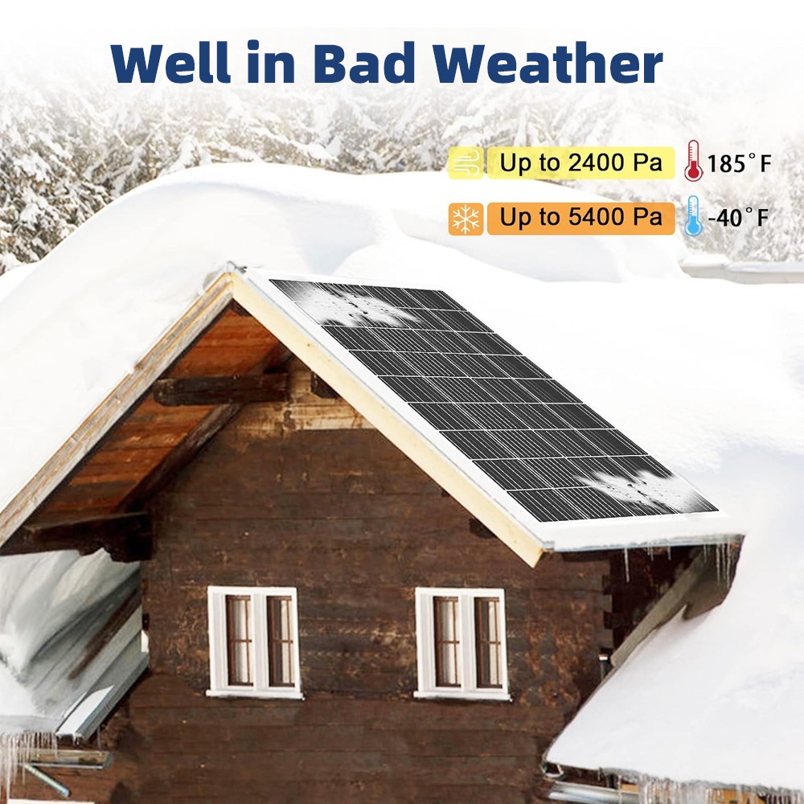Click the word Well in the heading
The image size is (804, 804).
[169, 63]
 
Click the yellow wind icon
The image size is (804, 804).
[466, 163]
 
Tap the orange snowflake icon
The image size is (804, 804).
[466, 219]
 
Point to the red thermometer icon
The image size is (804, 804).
[693, 161]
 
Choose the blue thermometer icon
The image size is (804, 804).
[693, 215]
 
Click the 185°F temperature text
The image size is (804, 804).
[739, 163]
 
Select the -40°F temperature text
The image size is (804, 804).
[738, 218]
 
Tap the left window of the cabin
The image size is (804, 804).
[254, 642]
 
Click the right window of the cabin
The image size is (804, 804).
[462, 643]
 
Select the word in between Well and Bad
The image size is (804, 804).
[271, 63]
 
